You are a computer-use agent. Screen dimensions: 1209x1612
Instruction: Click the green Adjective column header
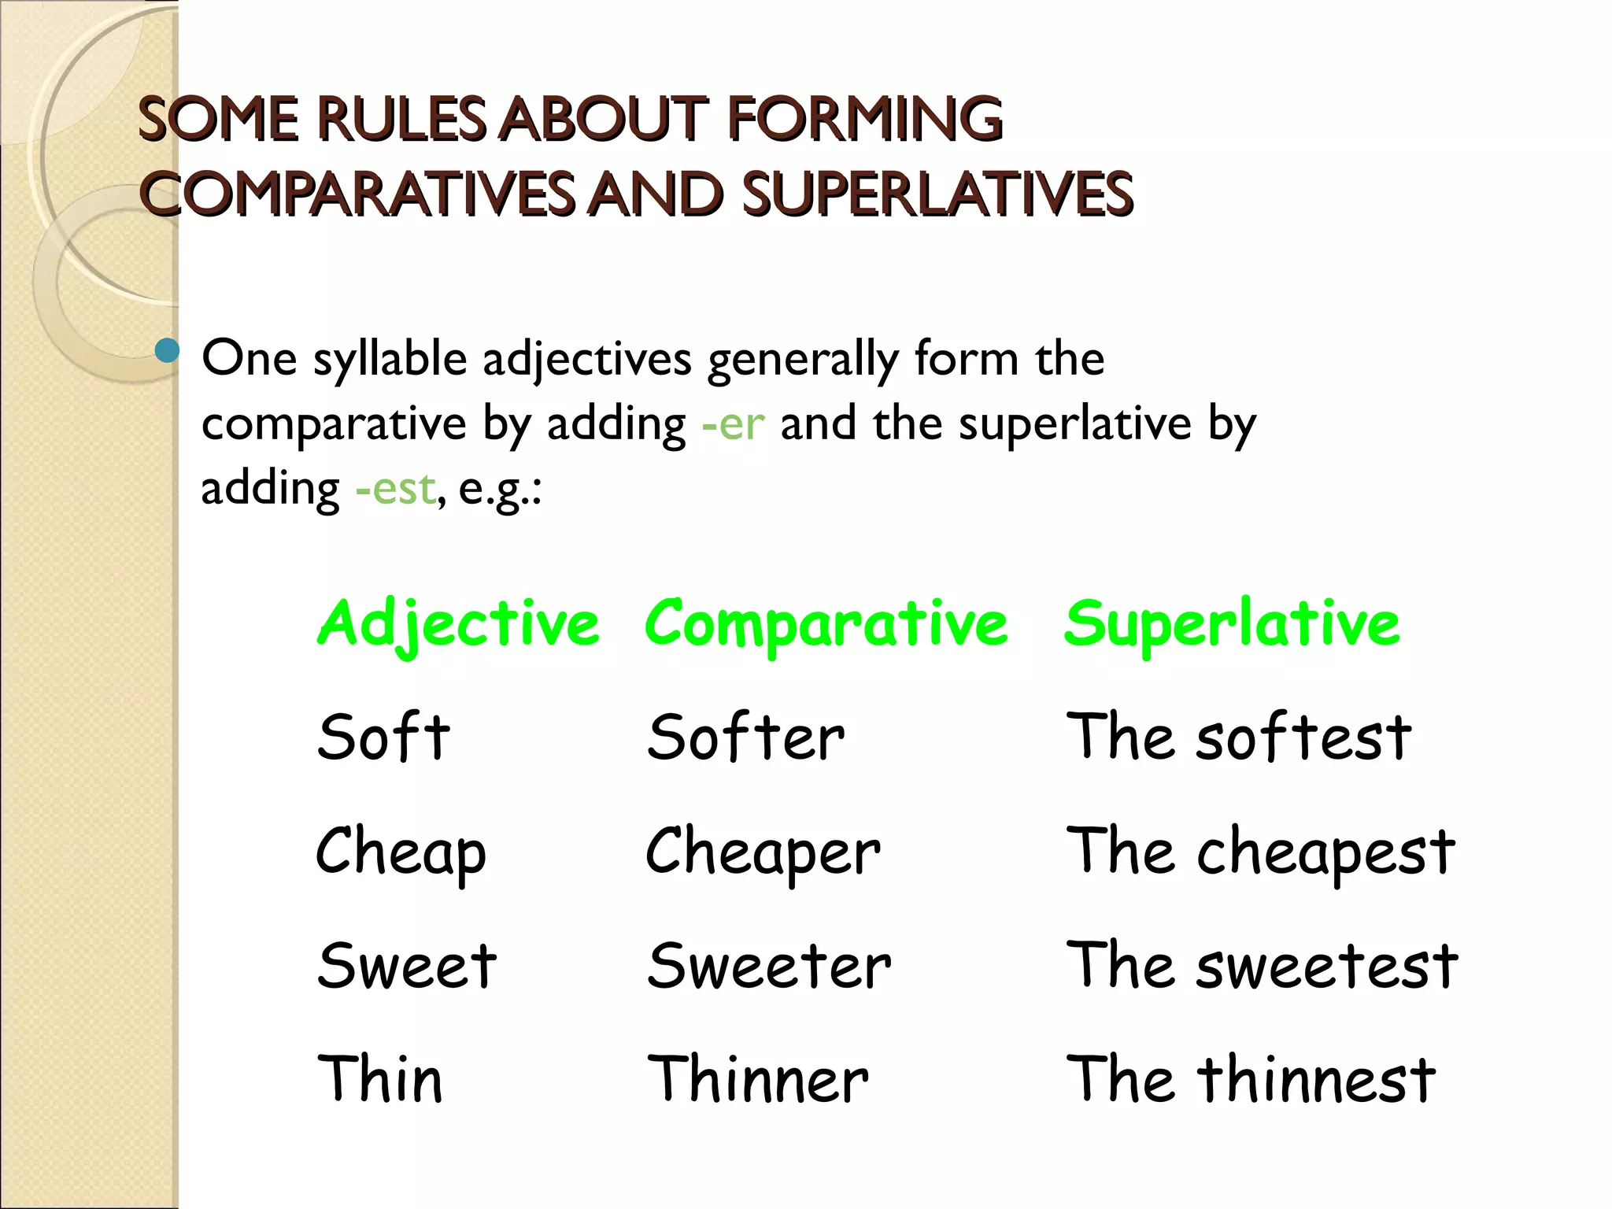point(457,624)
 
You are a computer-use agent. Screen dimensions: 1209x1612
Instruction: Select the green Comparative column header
point(826,624)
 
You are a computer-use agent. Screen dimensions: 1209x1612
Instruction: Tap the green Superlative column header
point(1232,623)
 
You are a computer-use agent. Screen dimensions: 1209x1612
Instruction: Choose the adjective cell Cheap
point(401,853)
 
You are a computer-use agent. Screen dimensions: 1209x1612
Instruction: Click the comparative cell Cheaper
point(763,853)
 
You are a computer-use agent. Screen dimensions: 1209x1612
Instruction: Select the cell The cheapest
point(1260,853)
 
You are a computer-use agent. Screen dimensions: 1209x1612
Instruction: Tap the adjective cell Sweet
point(407,966)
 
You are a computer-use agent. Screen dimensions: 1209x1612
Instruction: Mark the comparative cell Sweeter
point(769,966)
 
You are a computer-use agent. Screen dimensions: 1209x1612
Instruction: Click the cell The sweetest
point(1262,966)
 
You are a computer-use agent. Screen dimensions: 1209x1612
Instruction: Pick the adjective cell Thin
point(380,1079)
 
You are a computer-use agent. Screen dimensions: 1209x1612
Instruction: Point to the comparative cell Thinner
point(757,1079)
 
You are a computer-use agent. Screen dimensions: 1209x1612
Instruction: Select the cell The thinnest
point(1251,1079)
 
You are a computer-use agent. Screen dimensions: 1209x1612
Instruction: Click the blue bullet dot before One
point(167,350)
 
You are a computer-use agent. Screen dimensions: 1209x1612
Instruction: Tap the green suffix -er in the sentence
point(733,424)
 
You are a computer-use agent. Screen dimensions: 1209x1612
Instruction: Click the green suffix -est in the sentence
point(395,489)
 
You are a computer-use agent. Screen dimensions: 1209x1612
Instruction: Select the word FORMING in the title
point(866,120)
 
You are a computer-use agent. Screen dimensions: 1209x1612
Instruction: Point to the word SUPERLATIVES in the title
point(937,194)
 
